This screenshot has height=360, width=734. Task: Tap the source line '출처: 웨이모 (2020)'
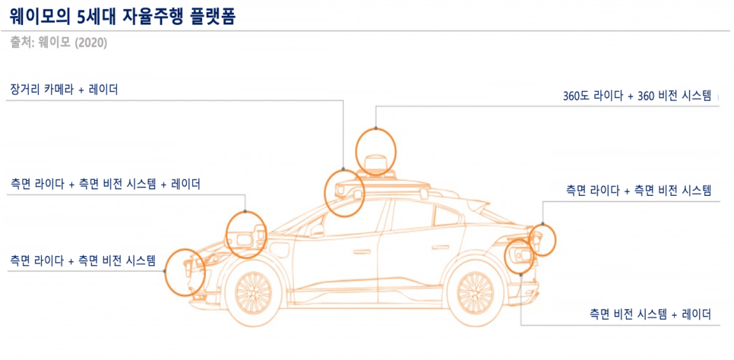click(x=59, y=43)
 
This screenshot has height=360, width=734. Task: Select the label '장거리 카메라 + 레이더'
click(x=65, y=90)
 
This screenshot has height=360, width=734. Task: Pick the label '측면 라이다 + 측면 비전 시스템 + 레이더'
click(x=105, y=184)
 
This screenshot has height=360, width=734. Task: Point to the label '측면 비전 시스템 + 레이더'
click(x=650, y=313)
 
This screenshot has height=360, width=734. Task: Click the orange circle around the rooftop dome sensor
click(x=376, y=150)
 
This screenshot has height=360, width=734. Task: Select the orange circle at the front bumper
click(x=185, y=271)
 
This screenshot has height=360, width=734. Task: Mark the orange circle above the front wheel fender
click(x=247, y=235)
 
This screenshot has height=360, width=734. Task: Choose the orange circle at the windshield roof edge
click(x=345, y=191)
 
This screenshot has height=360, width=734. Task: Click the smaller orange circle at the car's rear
click(x=543, y=239)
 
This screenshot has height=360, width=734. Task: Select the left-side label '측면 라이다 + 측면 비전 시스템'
click(x=83, y=261)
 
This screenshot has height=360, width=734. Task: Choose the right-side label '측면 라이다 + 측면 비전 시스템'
click(x=638, y=190)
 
